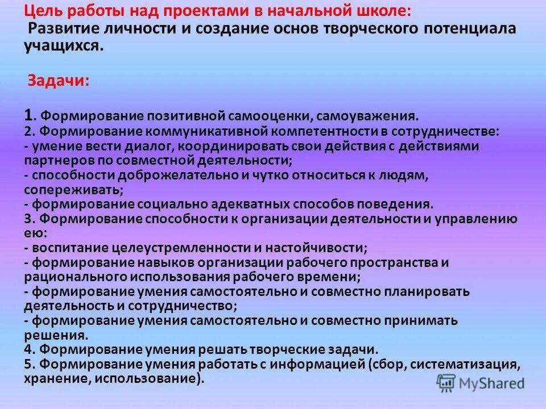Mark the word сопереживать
click(x=72, y=190)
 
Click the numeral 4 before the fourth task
click(x=27, y=349)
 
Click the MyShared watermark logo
click(x=481, y=383)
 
